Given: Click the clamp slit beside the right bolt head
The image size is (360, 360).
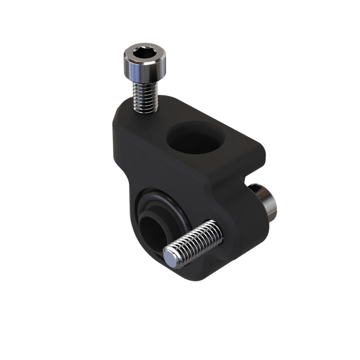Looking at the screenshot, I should (251, 179).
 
